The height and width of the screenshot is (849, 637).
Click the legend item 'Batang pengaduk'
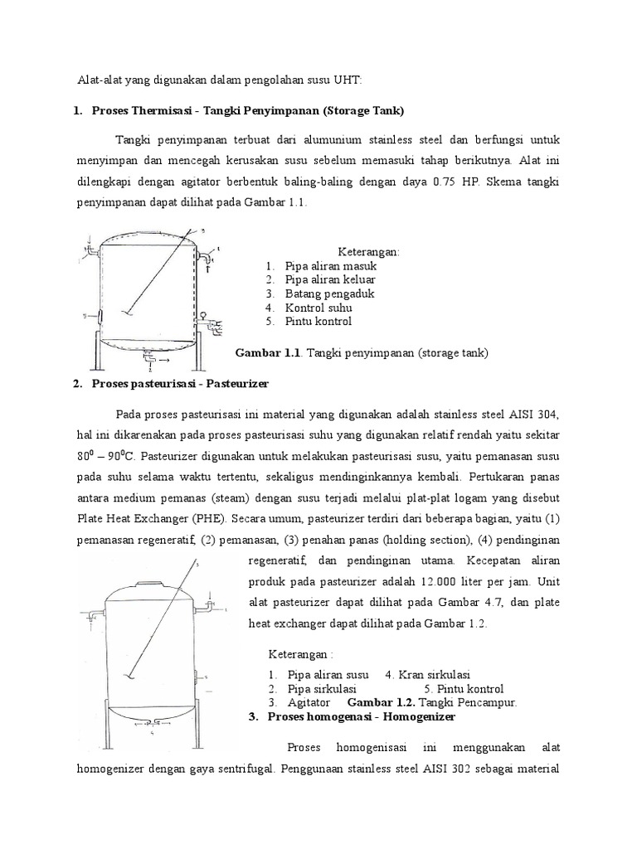(328, 294)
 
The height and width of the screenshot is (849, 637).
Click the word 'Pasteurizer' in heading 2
(246, 384)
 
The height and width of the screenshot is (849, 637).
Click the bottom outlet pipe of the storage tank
(148, 358)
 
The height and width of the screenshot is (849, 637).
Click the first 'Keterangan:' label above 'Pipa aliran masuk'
(368, 251)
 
